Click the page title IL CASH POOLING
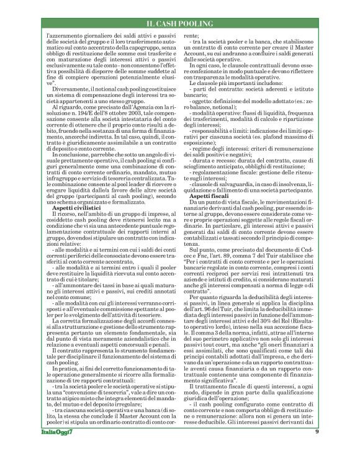(x=179, y=24)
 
